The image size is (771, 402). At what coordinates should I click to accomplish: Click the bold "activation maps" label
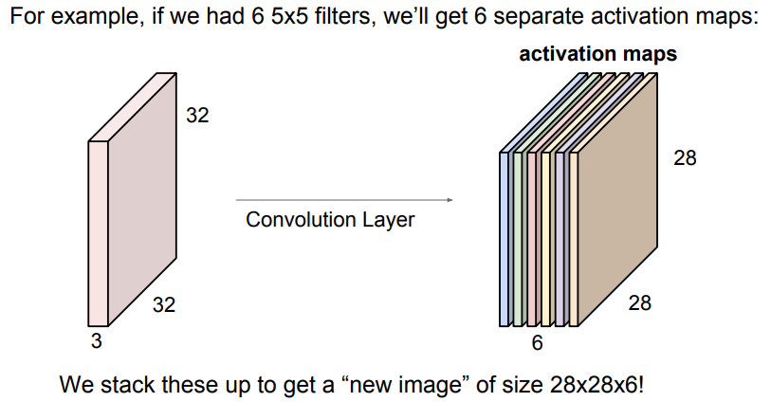point(597,54)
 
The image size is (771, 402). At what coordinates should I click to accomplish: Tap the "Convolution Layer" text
point(330,220)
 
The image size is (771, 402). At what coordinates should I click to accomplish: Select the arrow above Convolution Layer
point(343,200)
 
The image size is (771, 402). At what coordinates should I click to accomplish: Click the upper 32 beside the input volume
point(197,117)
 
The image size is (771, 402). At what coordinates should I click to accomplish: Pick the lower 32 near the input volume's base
point(163,305)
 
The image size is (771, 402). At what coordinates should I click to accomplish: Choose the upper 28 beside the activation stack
point(685,158)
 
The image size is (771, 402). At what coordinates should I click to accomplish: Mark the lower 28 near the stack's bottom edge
point(639,303)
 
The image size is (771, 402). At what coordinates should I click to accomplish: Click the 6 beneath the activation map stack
point(537,343)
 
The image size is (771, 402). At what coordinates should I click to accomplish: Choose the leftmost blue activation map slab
point(505,237)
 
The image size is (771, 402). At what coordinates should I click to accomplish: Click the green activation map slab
point(518,237)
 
